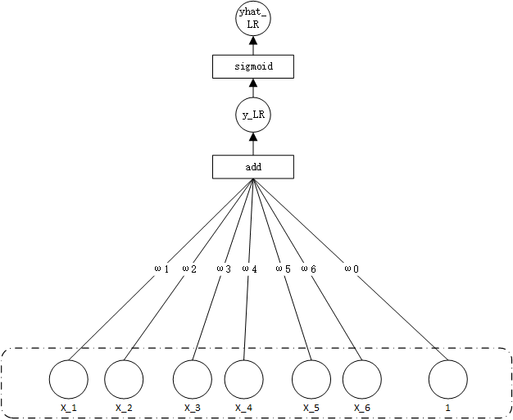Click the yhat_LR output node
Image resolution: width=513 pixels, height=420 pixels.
pos(252,20)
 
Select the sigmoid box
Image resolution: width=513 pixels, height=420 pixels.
pos(252,66)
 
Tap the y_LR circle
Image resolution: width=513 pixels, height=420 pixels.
pos(252,116)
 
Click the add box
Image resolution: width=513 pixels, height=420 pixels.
pos(252,167)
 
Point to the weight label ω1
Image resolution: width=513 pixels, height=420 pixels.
pos(161,269)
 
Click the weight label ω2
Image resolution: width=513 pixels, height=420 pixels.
pos(189,269)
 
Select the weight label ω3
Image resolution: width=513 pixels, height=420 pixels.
pos(224,269)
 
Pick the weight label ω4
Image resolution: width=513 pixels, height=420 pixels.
pos(250,269)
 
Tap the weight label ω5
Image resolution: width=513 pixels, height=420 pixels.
pos(283,269)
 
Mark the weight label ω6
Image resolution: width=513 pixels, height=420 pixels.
pos(308,269)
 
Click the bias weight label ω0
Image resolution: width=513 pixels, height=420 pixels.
pos(351,269)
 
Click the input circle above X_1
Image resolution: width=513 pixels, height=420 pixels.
pos(68,379)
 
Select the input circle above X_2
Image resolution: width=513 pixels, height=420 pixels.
pos(124,379)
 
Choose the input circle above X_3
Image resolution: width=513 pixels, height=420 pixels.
pos(193,379)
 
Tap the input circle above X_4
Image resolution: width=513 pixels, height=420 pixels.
pos(244,379)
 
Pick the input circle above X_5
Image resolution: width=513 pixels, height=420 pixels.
pos(312,379)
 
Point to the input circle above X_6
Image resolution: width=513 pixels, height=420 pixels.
pos(361,379)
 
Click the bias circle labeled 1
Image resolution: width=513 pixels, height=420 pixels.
pos(448,379)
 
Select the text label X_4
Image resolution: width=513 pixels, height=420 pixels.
pos(244,408)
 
